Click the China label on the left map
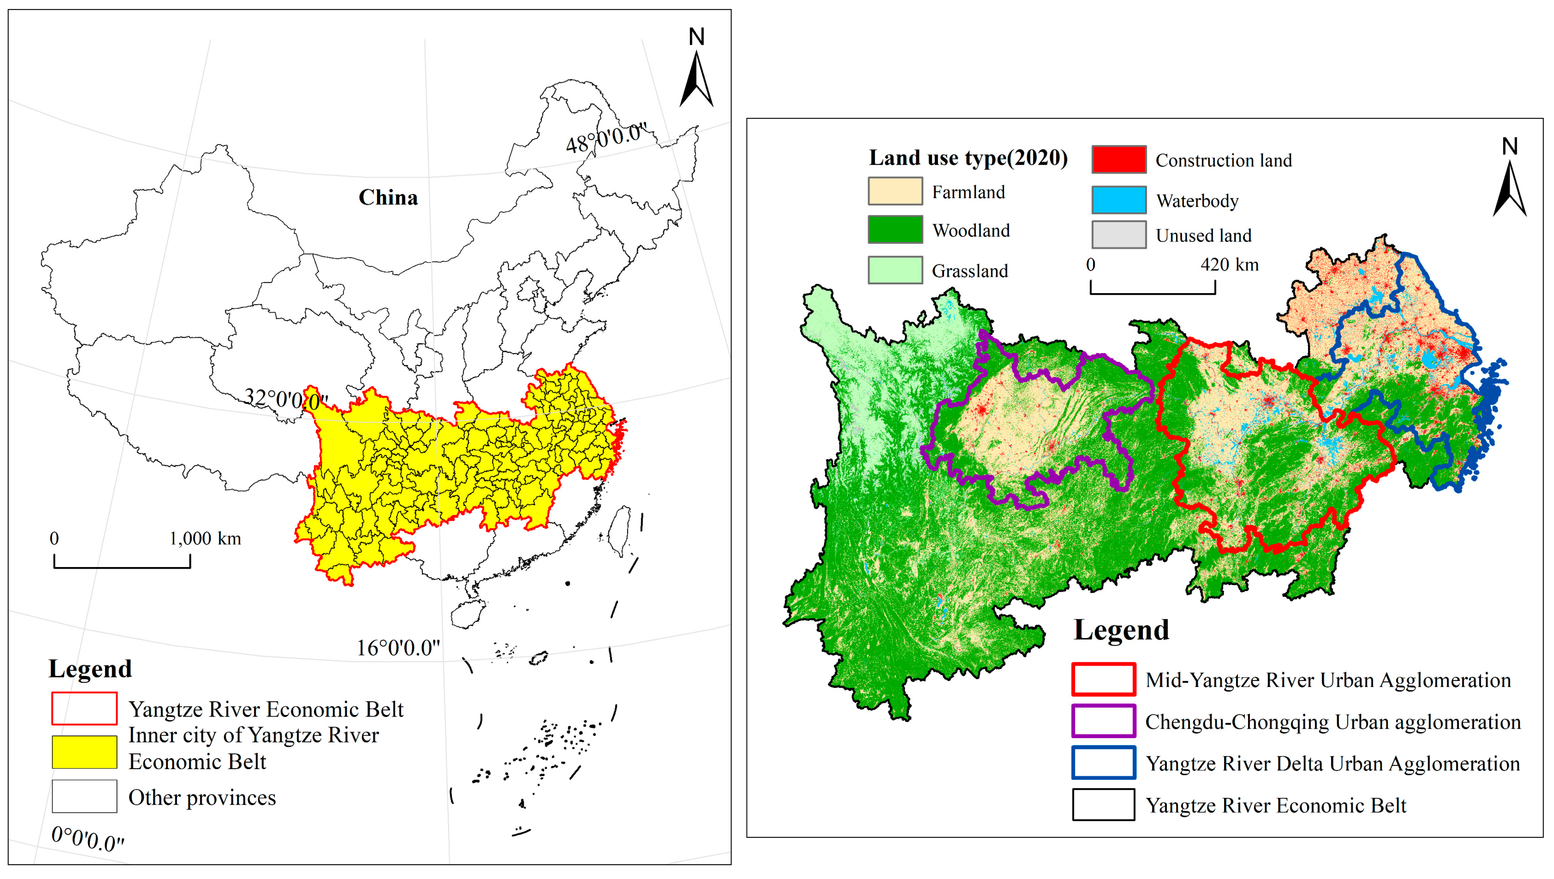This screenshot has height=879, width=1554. (x=388, y=198)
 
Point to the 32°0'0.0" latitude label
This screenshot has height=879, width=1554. (x=285, y=399)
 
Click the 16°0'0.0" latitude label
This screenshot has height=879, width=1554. (x=398, y=648)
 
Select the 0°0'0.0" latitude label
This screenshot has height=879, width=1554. (x=88, y=838)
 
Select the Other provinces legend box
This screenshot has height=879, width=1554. (x=84, y=796)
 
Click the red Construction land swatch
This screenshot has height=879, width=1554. (x=1119, y=160)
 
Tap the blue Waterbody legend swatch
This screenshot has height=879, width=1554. (x=1119, y=200)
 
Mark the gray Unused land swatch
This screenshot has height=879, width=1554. (x=1119, y=235)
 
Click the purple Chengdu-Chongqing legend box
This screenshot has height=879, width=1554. (x=1103, y=721)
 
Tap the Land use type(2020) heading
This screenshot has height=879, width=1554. (x=968, y=158)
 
